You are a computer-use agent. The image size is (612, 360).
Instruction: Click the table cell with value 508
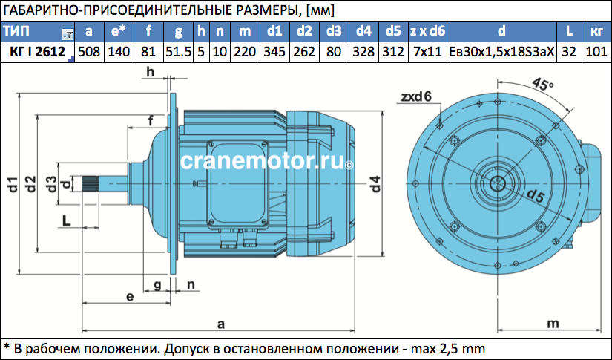coord(89,51)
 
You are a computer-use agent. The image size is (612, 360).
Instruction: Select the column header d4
coord(363,31)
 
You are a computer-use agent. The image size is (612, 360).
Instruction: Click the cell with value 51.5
coord(178,51)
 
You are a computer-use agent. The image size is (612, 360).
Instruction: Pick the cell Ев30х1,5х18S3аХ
coord(501,51)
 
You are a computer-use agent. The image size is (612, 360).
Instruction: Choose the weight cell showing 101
coord(596,51)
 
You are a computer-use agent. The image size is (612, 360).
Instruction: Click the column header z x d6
coord(427,31)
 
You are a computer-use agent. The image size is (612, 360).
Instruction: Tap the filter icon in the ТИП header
coord(68,35)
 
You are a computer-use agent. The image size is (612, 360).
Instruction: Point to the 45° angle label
coord(543,83)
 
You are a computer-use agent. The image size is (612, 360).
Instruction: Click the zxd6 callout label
coord(416,96)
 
